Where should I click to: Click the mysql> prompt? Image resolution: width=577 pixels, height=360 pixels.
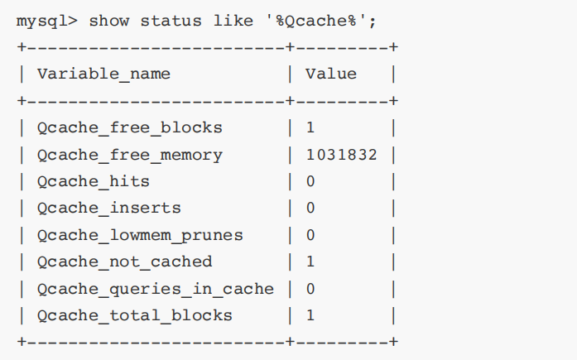(x=46, y=20)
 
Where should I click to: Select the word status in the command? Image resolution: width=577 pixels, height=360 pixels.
(x=166, y=20)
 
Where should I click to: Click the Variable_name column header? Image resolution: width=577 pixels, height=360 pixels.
(x=103, y=74)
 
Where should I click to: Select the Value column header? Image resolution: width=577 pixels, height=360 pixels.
(x=331, y=74)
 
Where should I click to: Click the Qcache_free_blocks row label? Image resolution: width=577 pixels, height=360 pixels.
(x=130, y=127)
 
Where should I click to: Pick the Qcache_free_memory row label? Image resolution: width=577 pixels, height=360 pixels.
(x=130, y=155)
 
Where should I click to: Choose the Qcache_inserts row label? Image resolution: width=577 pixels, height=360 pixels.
(x=108, y=208)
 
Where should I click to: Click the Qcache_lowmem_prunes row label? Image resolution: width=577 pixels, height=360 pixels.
(x=140, y=235)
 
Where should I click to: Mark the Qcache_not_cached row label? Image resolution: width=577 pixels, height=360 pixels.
(x=125, y=262)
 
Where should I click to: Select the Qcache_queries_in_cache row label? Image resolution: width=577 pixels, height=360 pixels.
(x=155, y=289)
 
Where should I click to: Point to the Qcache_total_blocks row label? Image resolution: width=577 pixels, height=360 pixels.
(x=135, y=315)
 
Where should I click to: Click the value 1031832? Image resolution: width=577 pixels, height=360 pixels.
(x=341, y=155)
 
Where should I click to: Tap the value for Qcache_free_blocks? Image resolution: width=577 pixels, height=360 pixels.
(x=310, y=127)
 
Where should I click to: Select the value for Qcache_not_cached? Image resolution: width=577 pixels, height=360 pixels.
(x=310, y=262)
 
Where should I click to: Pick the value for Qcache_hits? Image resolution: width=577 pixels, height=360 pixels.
(x=310, y=181)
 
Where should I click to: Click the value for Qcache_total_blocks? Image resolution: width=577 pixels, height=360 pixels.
(x=310, y=315)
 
